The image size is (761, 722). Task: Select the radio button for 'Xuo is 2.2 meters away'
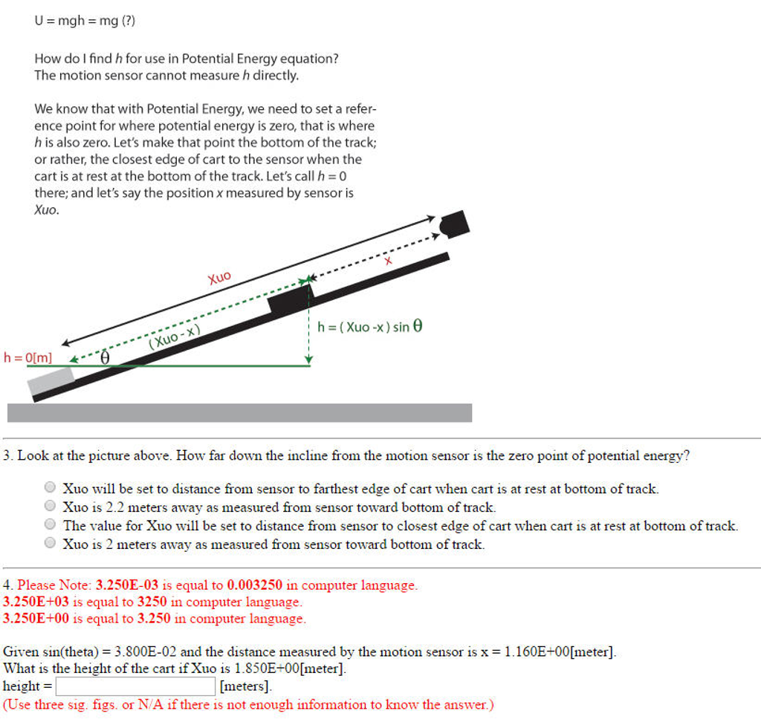click(x=50, y=507)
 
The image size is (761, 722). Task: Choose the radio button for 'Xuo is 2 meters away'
click(x=50, y=544)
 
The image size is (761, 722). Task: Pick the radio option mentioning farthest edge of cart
click(x=50, y=488)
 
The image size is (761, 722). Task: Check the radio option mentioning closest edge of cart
click(x=50, y=525)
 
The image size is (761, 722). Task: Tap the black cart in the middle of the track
click(x=291, y=300)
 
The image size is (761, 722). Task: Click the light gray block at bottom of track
click(x=51, y=380)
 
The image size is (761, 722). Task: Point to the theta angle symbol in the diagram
click(x=105, y=357)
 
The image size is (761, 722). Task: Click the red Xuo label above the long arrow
click(x=219, y=279)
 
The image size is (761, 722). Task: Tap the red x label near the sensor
click(x=387, y=261)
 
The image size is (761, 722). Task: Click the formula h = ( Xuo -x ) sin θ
click(x=369, y=327)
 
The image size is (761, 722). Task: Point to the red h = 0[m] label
click(x=28, y=357)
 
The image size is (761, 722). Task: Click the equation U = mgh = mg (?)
click(x=85, y=21)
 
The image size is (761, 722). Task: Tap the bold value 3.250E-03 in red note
click(x=128, y=585)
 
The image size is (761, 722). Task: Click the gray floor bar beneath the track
click(x=239, y=413)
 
